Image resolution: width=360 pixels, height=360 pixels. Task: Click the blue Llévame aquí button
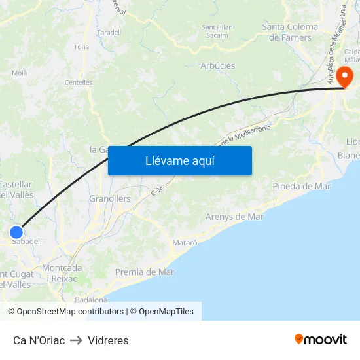pos(179,160)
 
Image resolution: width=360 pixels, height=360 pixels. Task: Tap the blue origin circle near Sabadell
pos(16,232)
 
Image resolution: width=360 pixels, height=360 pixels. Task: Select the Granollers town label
pos(109,198)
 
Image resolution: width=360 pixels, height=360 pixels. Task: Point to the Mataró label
pos(185,242)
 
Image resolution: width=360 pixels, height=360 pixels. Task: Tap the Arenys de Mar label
pos(234,217)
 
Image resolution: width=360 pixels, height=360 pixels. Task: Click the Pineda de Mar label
pos(302,186)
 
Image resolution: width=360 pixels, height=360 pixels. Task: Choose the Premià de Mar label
pos(145,272)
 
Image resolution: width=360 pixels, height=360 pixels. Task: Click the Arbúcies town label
pos(218,66)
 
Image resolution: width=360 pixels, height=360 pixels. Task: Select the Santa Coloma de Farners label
pos(290,31)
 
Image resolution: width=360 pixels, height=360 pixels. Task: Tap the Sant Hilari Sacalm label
pos(218,31)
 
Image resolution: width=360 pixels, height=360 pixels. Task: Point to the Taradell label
pos(109,32)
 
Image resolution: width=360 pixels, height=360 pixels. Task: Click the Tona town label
pos(81,47)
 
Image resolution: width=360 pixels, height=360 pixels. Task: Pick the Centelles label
pos(79,82)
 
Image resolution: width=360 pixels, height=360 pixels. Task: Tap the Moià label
pos(20,73)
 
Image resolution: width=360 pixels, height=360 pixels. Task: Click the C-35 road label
pos(156,190)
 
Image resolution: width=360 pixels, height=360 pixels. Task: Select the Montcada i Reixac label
pos(62,274)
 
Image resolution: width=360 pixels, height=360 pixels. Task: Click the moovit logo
pos(321,339)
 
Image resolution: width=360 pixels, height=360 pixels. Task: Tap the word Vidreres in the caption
pos(108,340)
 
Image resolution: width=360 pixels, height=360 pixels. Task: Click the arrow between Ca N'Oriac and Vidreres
pos(76,340)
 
